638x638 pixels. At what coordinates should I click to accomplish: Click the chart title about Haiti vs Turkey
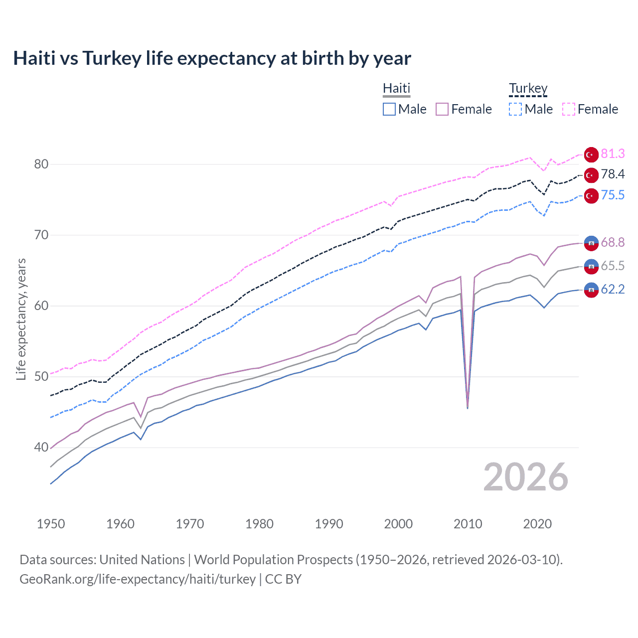coord(212,58)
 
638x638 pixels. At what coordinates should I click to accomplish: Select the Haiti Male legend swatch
coord(389,109)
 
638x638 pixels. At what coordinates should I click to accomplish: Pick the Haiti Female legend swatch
coord(442,109)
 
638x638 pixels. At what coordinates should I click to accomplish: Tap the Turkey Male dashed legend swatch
coord(515,109)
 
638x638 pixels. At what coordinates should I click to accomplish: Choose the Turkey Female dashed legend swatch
coord(569,109)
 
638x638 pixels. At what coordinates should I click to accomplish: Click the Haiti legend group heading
coord(396,88)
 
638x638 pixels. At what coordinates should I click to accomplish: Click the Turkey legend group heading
coord(528,88)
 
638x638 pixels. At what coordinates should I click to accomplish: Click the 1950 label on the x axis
coord(51,524)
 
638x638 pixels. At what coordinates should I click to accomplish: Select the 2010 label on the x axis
coord(468,524)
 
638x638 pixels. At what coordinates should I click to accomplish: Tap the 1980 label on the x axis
coord(259,524)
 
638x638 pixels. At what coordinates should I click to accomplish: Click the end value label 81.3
coord(613,154)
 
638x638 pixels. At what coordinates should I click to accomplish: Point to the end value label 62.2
coord(613,289)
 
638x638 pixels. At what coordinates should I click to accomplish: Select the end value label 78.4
coord(613,174)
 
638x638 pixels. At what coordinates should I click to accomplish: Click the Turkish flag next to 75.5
coord(591,196)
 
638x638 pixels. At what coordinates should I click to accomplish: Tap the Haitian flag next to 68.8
coord(591,243)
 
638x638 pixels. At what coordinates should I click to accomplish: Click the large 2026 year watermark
coord(525,477)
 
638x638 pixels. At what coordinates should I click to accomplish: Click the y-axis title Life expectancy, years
coord(21,319)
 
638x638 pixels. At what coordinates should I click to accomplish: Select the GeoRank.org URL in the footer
coord(138,579)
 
